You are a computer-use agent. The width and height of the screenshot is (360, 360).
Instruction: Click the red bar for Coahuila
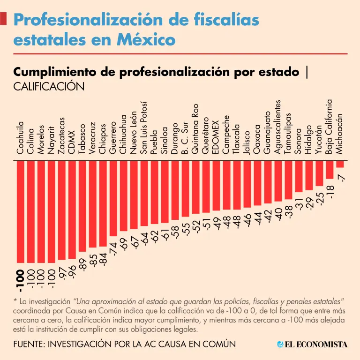pos(20,211)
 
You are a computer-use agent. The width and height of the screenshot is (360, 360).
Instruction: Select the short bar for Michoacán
pos(340,164)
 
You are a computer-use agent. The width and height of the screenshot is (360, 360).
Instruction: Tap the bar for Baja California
pos(330,169)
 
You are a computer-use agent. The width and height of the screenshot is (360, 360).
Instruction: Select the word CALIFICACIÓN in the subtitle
pos(43,87)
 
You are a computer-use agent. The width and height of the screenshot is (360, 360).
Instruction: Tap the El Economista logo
pos(312,345)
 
